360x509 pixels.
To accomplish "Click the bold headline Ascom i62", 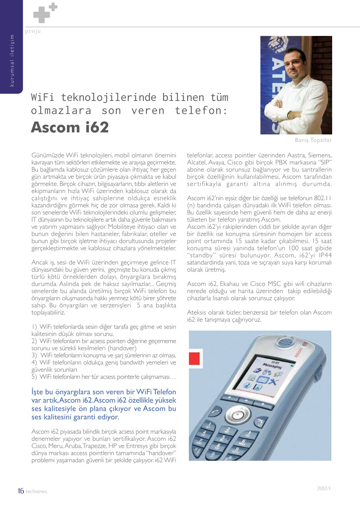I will tap(70, 128).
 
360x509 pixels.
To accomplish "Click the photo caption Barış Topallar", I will tap(313, 140).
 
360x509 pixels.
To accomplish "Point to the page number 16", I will tap(21, 491).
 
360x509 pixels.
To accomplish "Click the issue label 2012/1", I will tap(324, 488).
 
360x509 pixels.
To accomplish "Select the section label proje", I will tap(33, 31).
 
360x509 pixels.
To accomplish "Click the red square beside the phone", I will tap(195, 358).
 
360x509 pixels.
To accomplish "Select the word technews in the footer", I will tap(36, 492).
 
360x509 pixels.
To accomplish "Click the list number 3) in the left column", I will tap(35, 355).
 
